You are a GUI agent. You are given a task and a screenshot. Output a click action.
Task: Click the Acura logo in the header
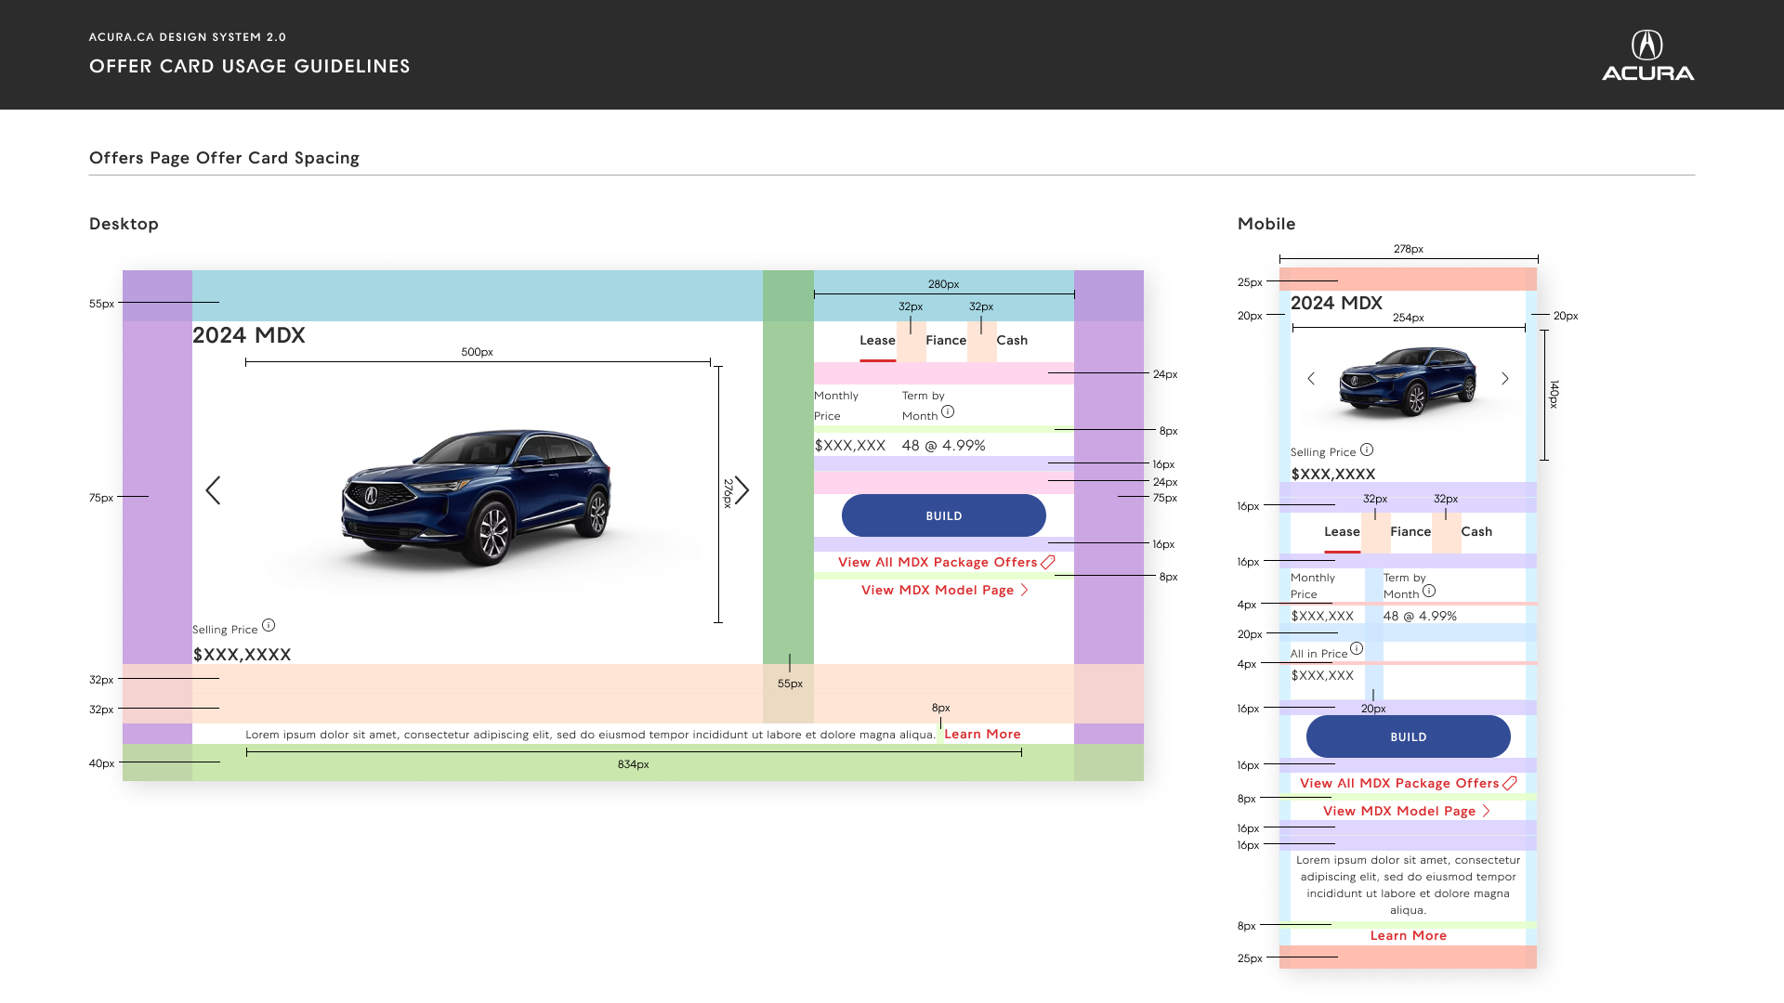click(x=1647, y=56)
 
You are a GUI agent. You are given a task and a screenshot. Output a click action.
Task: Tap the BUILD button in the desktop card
click(x=944, y=515)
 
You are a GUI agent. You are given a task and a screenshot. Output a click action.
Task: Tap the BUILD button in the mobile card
click(x=1409, y=736)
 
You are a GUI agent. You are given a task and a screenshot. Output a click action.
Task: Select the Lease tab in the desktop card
click(x=877, y=341)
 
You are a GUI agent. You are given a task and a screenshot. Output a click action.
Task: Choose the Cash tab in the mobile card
click(x=1476, y=532)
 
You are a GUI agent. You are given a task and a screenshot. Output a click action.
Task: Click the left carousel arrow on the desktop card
click(x=213, y=490)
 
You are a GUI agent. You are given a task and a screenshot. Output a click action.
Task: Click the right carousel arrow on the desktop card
click(x=741, y=490)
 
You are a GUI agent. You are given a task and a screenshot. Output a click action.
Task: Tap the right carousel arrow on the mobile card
click(x=1505, y=378)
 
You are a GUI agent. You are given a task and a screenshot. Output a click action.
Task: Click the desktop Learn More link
click(x=982, y=735)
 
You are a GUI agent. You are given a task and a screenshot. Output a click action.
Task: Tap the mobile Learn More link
click(x=1409, y=935)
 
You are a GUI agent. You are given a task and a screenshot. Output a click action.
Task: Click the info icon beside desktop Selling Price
click(x=269, y=625)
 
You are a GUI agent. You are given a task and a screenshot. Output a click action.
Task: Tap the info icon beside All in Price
click(x=1357, y=648)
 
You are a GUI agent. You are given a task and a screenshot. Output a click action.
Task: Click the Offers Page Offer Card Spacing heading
click(x=224, y=158)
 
